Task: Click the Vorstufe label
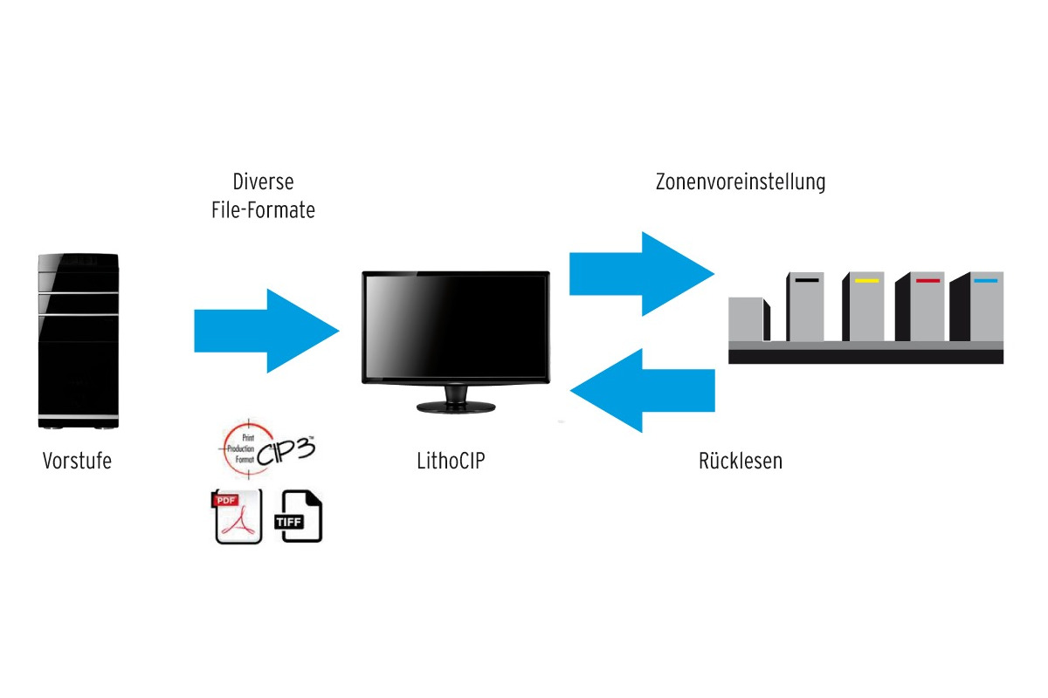[x=77, y=461]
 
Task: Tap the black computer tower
[x=79, y=340]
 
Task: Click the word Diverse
[x=263, y=182]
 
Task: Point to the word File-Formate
[x=263, y=210]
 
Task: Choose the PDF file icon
[x=238, y=517]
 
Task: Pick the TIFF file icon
[x=298, y=517]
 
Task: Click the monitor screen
[x=456, y=327]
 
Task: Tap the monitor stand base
[x=456, y=407]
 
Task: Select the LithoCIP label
[x=451, y=461]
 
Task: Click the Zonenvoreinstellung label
[x=741, y=182]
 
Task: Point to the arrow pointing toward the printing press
[x=642, y=274]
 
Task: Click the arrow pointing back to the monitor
[x=642, y=390]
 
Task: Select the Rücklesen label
[x=741, y=461]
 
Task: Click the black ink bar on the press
[x=807, y=281]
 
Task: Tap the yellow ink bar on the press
[x=866, y=281]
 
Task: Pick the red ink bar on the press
[x=927, y=281]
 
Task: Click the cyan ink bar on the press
[x=985, y=281]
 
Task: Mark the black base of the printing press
[x=865, y=356]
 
